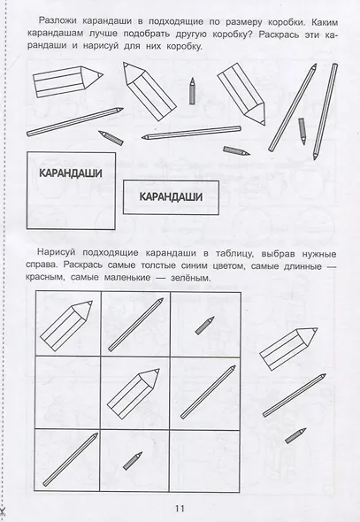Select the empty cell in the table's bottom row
click(x=203, y=460)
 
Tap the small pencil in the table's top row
click(x=204, y=324)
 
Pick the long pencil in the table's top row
click(x=135, y=326)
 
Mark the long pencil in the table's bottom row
click(x=68, y=460)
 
